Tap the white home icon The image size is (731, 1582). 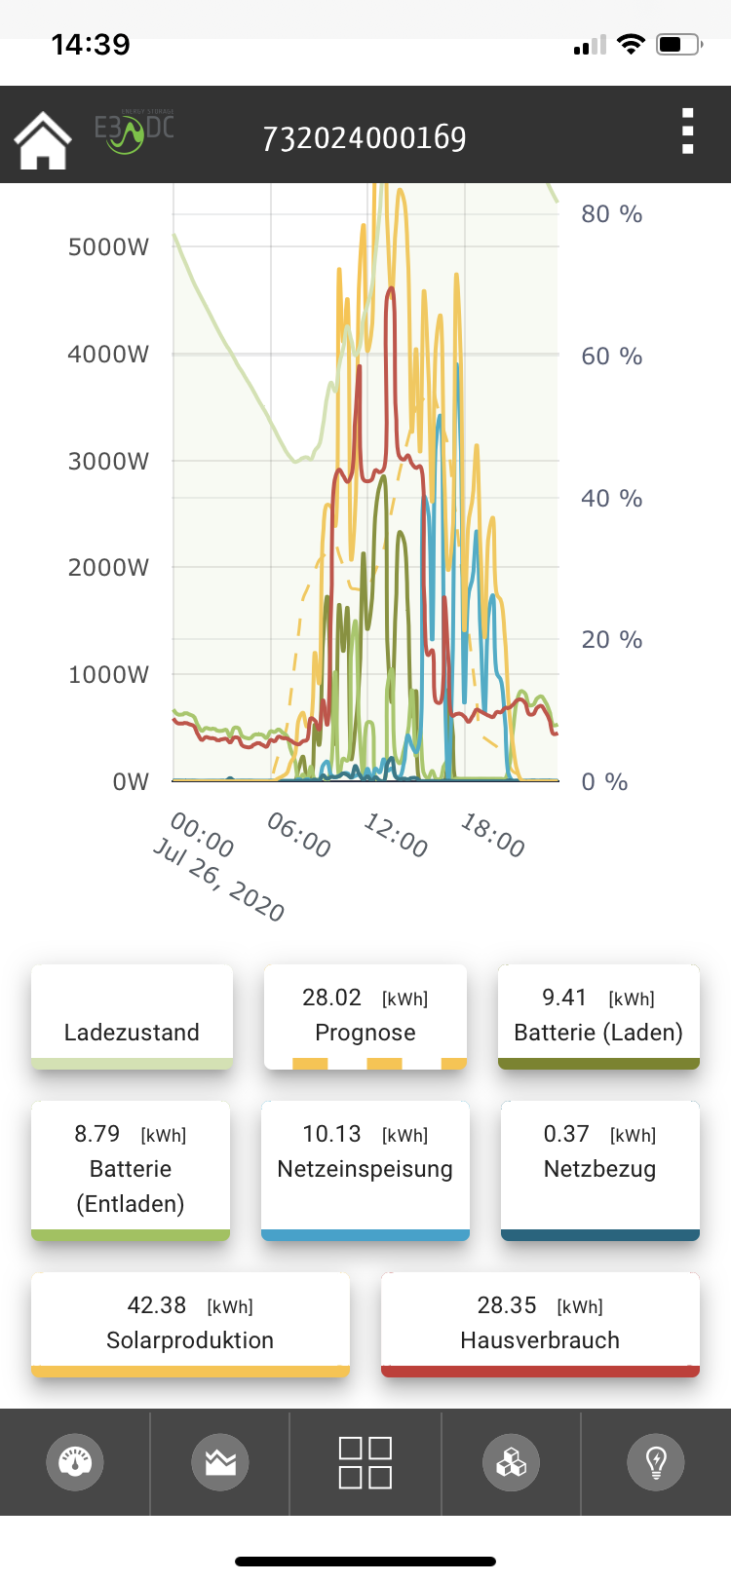[43, 140]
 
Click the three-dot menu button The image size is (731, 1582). [687, 132]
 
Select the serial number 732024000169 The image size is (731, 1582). [365, 138]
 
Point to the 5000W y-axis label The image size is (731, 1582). [108, 246]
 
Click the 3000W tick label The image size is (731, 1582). [108, 461]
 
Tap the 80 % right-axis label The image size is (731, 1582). [611, 214]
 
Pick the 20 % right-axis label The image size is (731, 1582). [611, 640]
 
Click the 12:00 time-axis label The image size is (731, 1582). [396, 836]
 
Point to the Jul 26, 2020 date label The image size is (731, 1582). [219, 879]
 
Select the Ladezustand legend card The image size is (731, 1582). [132, 1018]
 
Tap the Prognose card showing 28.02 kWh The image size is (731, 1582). [365, 1016]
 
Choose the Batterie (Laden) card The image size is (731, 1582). [598, 1016]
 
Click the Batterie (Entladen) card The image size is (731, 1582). [131, 1169]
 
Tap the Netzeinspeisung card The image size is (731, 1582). [365, 1169]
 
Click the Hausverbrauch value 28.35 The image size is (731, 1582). [507, 1305]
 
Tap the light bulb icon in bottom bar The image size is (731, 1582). [656, 1462]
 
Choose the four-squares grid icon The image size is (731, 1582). [365, 1462]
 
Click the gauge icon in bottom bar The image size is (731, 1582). [75, 1462]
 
